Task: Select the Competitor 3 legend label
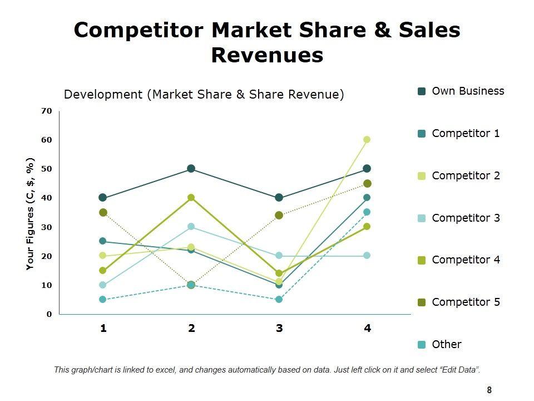[466, 218]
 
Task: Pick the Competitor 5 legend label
[466, 302]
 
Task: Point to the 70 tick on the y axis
[46, 111]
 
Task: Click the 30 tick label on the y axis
[46, 227]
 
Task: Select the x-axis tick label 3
[279, 328]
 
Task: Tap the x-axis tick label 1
[103, 328]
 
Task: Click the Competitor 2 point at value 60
[367, 140]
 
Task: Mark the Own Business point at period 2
[191, 169]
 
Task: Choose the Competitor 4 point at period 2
[191, 198]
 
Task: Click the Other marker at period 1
[103, 300]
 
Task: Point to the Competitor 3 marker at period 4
[367, 256]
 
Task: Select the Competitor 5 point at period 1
[103, 212]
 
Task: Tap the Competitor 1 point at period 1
[103, 241]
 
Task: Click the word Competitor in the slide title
[144, 30]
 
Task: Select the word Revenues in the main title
[267, 56]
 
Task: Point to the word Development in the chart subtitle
[103, 95]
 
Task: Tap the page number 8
[489, 390]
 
